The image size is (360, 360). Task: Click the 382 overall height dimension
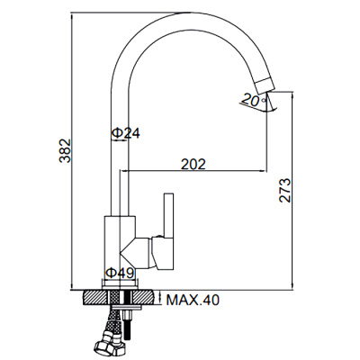point(65,150)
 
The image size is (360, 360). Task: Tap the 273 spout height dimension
point(285,191)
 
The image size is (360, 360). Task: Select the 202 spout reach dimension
point(193,164)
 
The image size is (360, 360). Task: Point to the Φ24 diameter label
point(126,133)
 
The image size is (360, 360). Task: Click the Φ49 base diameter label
point(120,273)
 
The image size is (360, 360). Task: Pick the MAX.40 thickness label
point(193,300)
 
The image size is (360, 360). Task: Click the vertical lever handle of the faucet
point(168,215)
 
